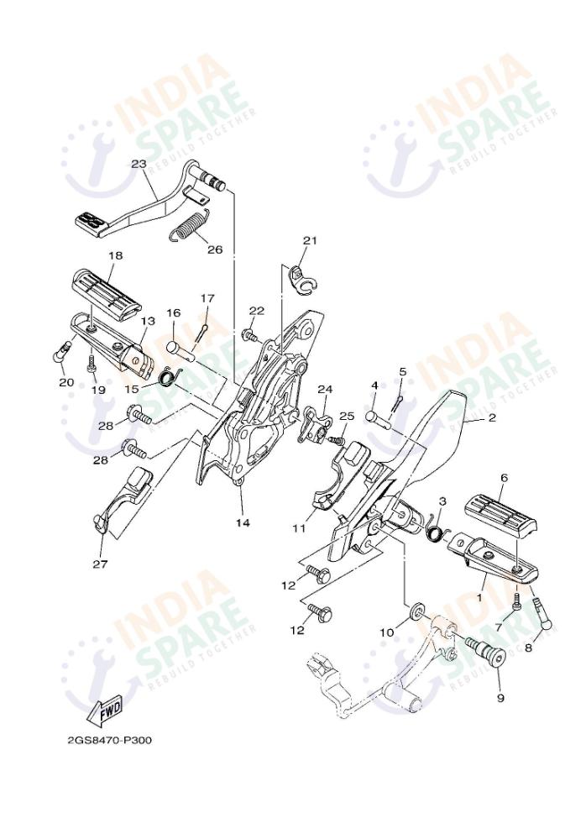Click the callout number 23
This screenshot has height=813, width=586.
[x=139, y=165]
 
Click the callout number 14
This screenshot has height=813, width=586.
[x=243, y=522]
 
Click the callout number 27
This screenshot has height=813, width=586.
[x=100, y=564]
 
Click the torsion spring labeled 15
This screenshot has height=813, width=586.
[x=169, y=378]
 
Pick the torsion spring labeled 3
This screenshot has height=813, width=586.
[x=436, y=531]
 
